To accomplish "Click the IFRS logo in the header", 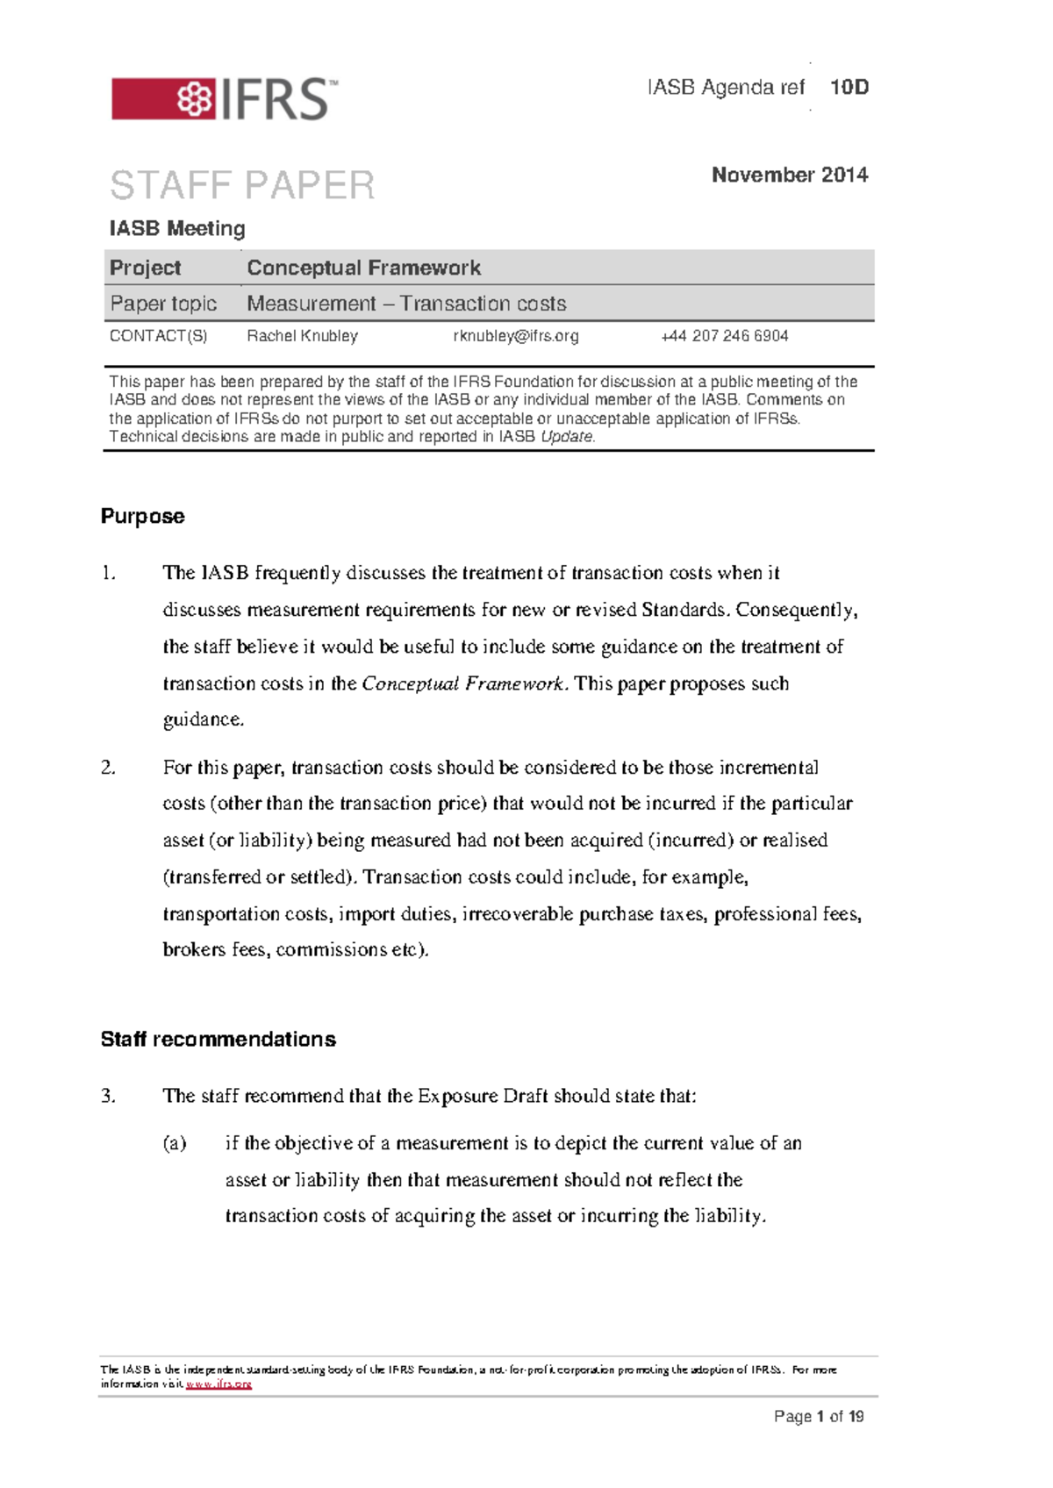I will tap(224, 98).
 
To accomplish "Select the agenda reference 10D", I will tap(849, 87).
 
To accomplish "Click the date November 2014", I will tap(789, 175).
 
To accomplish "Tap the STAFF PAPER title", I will tap(242, 185).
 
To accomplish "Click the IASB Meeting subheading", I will tap(176, 228).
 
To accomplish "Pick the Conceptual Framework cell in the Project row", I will tap(363, 268).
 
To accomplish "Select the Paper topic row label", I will tap(163, 304).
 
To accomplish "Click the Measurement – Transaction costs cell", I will tap(406, 304).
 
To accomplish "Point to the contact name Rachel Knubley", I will tap(302, 336).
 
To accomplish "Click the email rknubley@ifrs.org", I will tap(516, 336).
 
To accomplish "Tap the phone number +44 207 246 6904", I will tap(724, 336).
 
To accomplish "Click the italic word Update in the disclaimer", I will tap(567, 437).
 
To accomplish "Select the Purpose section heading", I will tap(142, 516).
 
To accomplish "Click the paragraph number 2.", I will tap(108, 768).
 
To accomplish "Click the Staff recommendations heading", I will tap(218, 1039).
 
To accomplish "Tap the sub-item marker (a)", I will tap(175, 1143).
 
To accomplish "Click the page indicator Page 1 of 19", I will tap(818, 1416).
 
